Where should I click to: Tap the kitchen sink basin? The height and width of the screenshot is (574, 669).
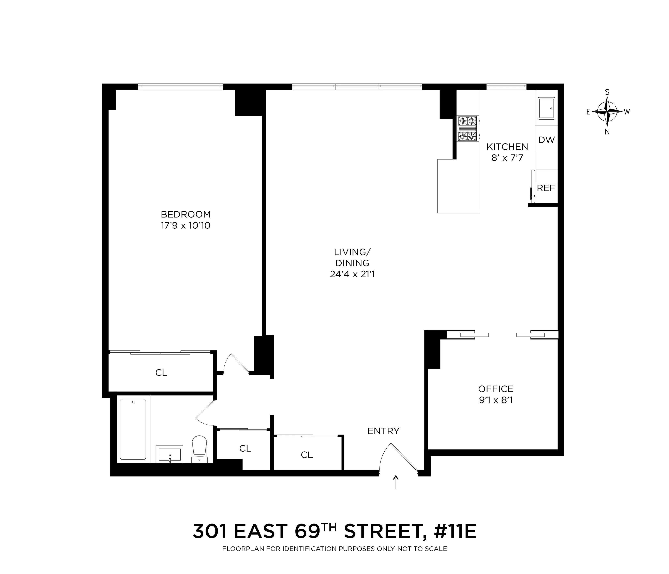[546, 108]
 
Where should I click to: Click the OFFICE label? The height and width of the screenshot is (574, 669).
[496, 389]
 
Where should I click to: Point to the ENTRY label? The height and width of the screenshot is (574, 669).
[383, 431]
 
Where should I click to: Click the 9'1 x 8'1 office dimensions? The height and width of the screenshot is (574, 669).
[496, 400]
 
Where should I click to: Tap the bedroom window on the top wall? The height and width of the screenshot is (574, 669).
[180, 87]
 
